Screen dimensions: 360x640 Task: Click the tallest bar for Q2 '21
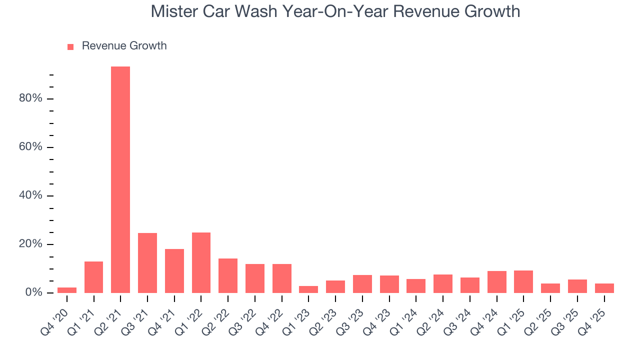coord(120,180)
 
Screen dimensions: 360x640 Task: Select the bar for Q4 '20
coord(67,290)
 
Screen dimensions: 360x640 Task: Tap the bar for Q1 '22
coord(201,262)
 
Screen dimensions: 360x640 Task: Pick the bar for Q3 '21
coord(147,263)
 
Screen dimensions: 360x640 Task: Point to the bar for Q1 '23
coord(308,289)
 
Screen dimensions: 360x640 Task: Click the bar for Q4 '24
coord(496,282)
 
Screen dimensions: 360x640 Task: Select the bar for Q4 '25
coord(604,288)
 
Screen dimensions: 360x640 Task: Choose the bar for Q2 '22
coord(228,275)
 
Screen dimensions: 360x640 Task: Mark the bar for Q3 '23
coord(362,284)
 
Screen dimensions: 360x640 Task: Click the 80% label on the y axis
coord(30,98)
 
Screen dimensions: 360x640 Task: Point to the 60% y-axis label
coord(30,147)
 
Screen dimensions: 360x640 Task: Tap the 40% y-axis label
coord(30,195)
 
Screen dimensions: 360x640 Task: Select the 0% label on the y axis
coord(33,292)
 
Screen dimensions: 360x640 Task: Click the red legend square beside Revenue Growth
coord(70,46)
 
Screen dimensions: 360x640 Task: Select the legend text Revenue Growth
coord(124,46)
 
